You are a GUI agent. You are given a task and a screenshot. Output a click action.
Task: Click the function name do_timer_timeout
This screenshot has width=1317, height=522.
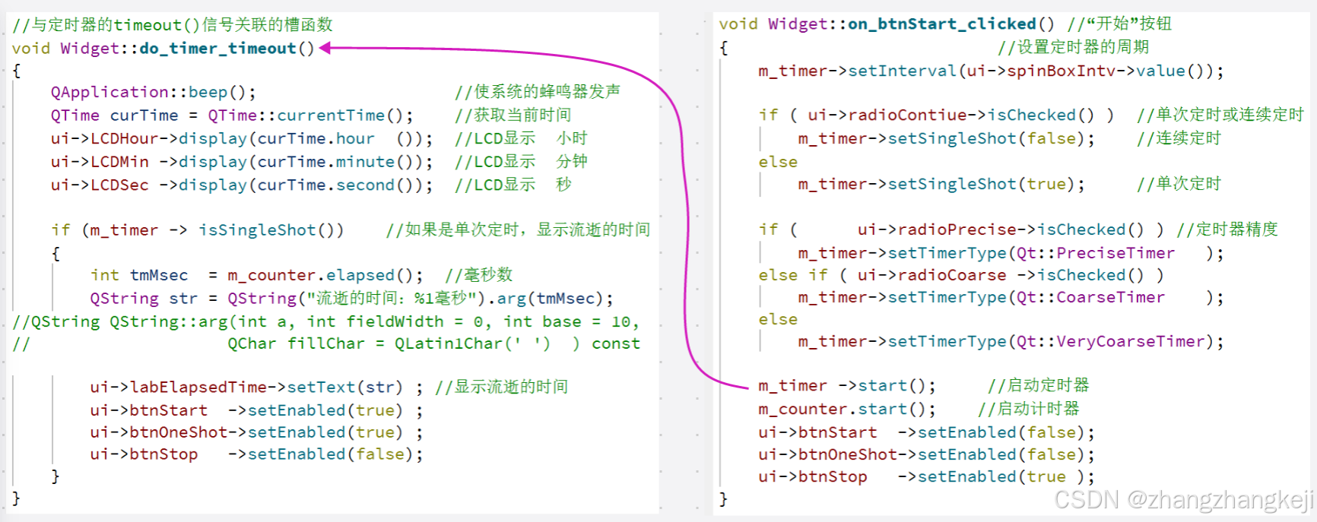217,49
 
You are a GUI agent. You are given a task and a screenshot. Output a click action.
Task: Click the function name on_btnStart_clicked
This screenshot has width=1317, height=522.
941,24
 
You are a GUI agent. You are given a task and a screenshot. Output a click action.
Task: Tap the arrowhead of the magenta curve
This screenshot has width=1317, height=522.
325,49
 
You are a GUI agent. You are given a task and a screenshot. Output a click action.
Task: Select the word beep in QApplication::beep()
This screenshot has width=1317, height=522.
208,93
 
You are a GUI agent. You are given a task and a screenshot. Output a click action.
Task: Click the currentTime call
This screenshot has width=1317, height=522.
331,115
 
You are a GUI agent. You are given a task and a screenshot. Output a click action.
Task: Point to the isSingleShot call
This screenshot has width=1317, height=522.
257,230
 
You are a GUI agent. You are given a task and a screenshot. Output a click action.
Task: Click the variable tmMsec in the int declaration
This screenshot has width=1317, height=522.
159,275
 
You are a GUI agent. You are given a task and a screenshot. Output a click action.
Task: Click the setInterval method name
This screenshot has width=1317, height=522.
902,71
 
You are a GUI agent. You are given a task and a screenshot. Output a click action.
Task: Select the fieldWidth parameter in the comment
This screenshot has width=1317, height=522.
395,322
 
